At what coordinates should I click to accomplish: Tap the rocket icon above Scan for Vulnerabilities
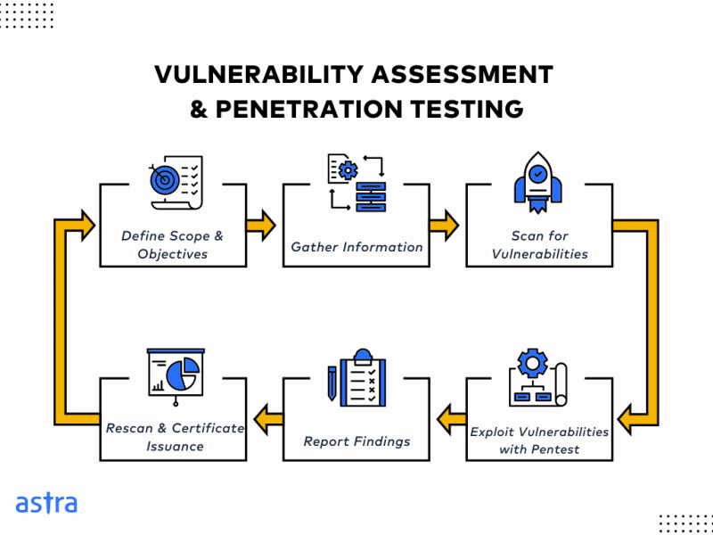(x=537, y=182)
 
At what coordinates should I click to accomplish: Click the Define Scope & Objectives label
(x=173, y=245)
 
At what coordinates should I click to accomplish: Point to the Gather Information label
(x=356, y=247)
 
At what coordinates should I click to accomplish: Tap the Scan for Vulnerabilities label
(x=539, y=245)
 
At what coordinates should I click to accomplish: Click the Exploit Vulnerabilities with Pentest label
(x=539, y=440)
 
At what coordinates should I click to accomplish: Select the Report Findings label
(x=356, y=440)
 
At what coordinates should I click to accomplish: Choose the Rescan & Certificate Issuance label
(x=175, y=437)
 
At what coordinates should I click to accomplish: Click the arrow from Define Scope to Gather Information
(x=262, y=226)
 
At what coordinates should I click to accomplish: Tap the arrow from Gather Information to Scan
(x=444, y=226)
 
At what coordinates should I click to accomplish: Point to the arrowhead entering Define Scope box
(x=85, y=225)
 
